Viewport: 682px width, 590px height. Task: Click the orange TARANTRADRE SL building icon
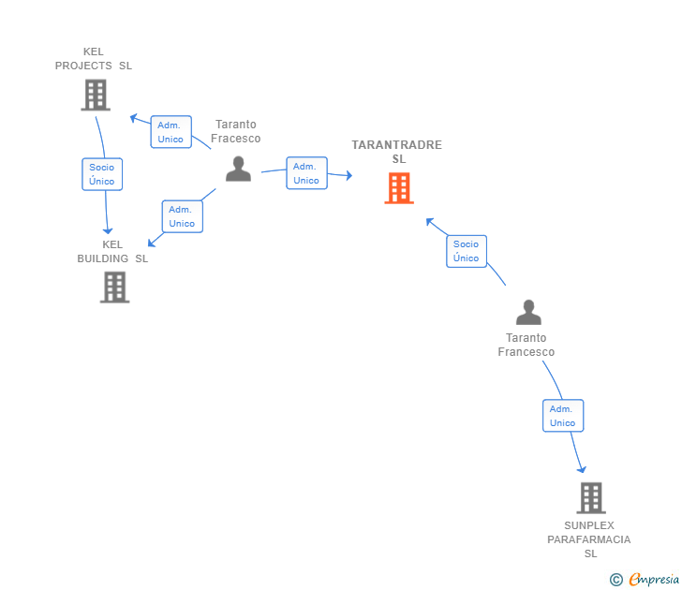tap(398, 187)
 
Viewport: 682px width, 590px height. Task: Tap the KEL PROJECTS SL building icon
tap(95, 95)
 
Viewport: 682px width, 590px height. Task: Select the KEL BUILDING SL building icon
tap(114, 287)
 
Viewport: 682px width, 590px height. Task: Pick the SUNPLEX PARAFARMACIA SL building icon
tap(590, 497)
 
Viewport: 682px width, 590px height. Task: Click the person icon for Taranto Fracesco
tap(239, 169)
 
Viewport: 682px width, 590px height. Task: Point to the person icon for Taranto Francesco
tap(528, 313)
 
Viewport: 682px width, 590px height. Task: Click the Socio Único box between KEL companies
tap(102, 174)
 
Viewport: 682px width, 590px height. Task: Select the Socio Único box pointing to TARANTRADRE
tap(466, 251)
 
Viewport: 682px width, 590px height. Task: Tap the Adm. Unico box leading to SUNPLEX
tap(562, 416)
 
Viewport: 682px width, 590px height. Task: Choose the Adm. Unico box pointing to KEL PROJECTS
tap(170, 132)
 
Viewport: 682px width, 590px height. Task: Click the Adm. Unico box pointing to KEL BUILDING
tap(182, 216)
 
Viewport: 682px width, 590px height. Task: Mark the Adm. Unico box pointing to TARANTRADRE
tap(306, 173)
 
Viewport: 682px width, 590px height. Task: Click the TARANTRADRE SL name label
tap(397, 152)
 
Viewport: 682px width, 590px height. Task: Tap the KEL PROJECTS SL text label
tap(94, 59)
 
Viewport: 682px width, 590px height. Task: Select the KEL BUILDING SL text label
tap(112, 251)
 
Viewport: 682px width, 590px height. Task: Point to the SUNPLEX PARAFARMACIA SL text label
tap(589, 539)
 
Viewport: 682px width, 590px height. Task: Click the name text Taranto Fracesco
tap(235, 131)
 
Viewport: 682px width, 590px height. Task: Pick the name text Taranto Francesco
tap(526, 345)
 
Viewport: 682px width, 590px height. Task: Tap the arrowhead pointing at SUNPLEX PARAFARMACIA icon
tap(582, 468)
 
